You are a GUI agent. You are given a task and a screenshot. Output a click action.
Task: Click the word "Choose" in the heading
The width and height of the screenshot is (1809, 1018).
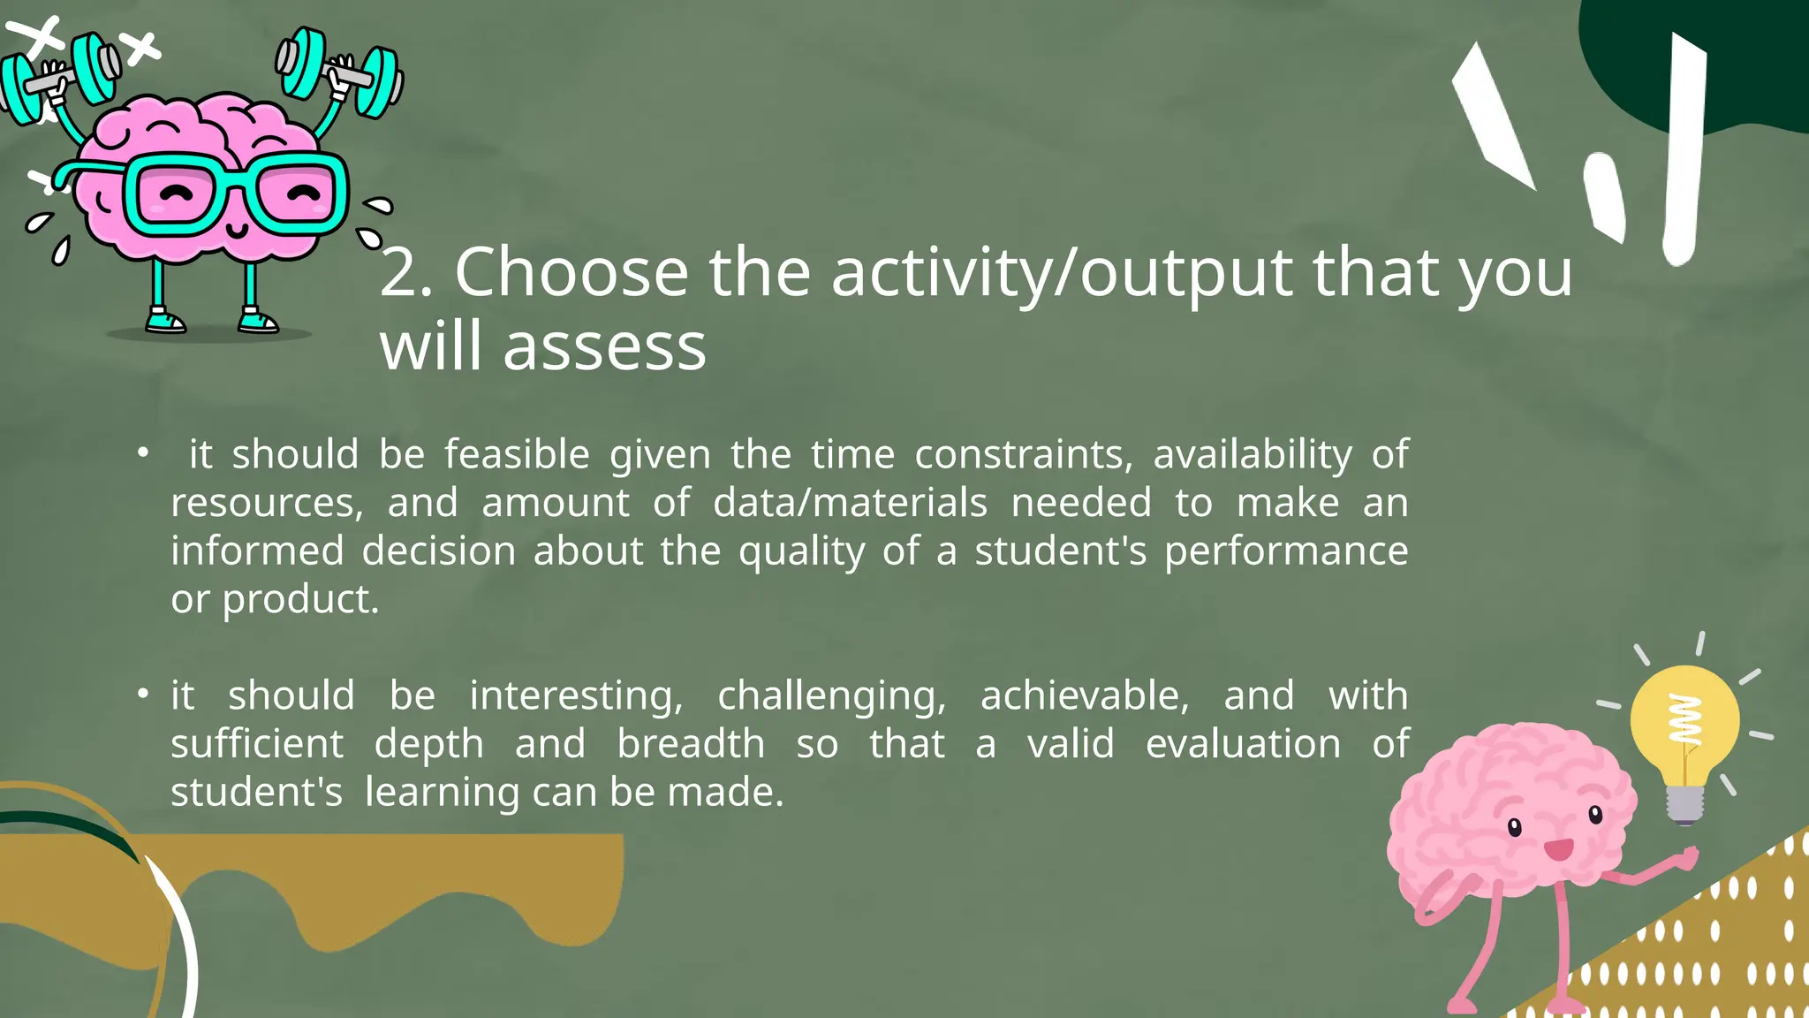pos(571,272)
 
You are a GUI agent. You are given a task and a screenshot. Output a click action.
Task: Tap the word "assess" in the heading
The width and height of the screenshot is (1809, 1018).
pos(604,346)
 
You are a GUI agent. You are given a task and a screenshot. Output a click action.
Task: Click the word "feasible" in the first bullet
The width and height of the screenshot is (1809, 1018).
pos(516,455)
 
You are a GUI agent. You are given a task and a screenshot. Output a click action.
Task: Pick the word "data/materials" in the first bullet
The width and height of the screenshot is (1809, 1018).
pos(850,503)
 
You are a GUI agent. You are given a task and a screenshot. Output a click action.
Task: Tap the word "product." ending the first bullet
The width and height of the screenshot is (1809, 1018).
pos(300,600)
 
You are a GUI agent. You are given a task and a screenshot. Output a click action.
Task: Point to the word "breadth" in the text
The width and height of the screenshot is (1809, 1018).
pos(690,744)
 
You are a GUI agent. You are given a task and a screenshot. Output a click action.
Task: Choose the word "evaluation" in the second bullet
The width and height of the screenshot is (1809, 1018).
pos(1243,744)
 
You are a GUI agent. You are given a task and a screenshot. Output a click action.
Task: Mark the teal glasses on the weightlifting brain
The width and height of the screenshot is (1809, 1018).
pos(234,194)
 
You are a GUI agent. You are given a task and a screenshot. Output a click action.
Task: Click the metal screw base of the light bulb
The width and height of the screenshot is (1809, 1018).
pos(1684,803)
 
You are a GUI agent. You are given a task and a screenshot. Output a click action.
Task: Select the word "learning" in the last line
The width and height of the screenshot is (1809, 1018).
pos(442,793)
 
